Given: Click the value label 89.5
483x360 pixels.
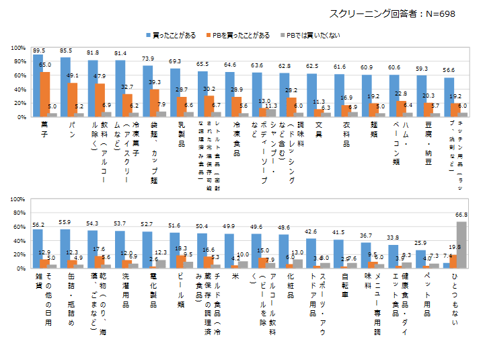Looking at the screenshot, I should pos(38,50).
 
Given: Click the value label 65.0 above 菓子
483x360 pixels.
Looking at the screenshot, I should pos(46,65).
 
